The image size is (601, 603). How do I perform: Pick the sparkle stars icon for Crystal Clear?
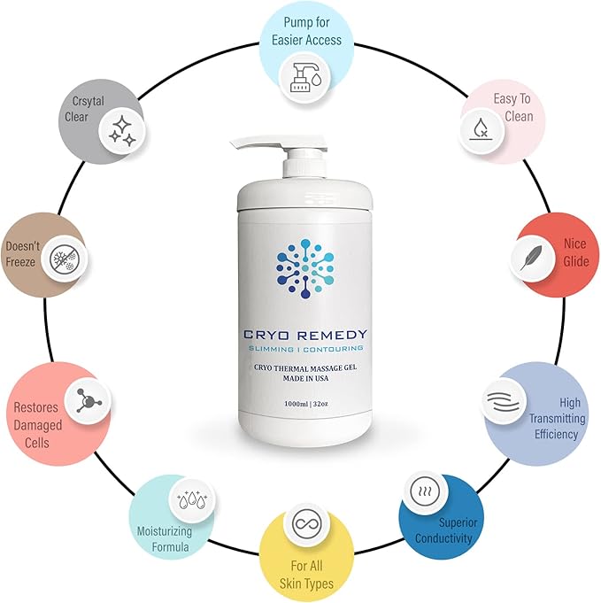tap(122, 134)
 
